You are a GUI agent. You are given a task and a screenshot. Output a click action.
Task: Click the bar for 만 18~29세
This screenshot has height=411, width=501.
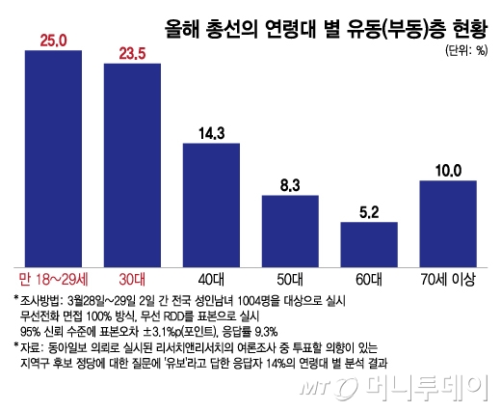(x=53, y=158)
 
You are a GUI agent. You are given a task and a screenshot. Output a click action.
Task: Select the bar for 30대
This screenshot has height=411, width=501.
(x=132, y=163)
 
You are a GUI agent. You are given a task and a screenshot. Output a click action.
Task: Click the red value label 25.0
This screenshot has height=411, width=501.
(x=53, y=40)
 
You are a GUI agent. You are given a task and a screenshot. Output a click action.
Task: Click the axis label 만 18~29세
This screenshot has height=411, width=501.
(x=53, y=279)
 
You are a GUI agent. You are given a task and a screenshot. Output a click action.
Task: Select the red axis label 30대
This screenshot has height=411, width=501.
(x=132, y=279)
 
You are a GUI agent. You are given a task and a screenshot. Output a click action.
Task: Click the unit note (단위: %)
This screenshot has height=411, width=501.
(x=466, y=48)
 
